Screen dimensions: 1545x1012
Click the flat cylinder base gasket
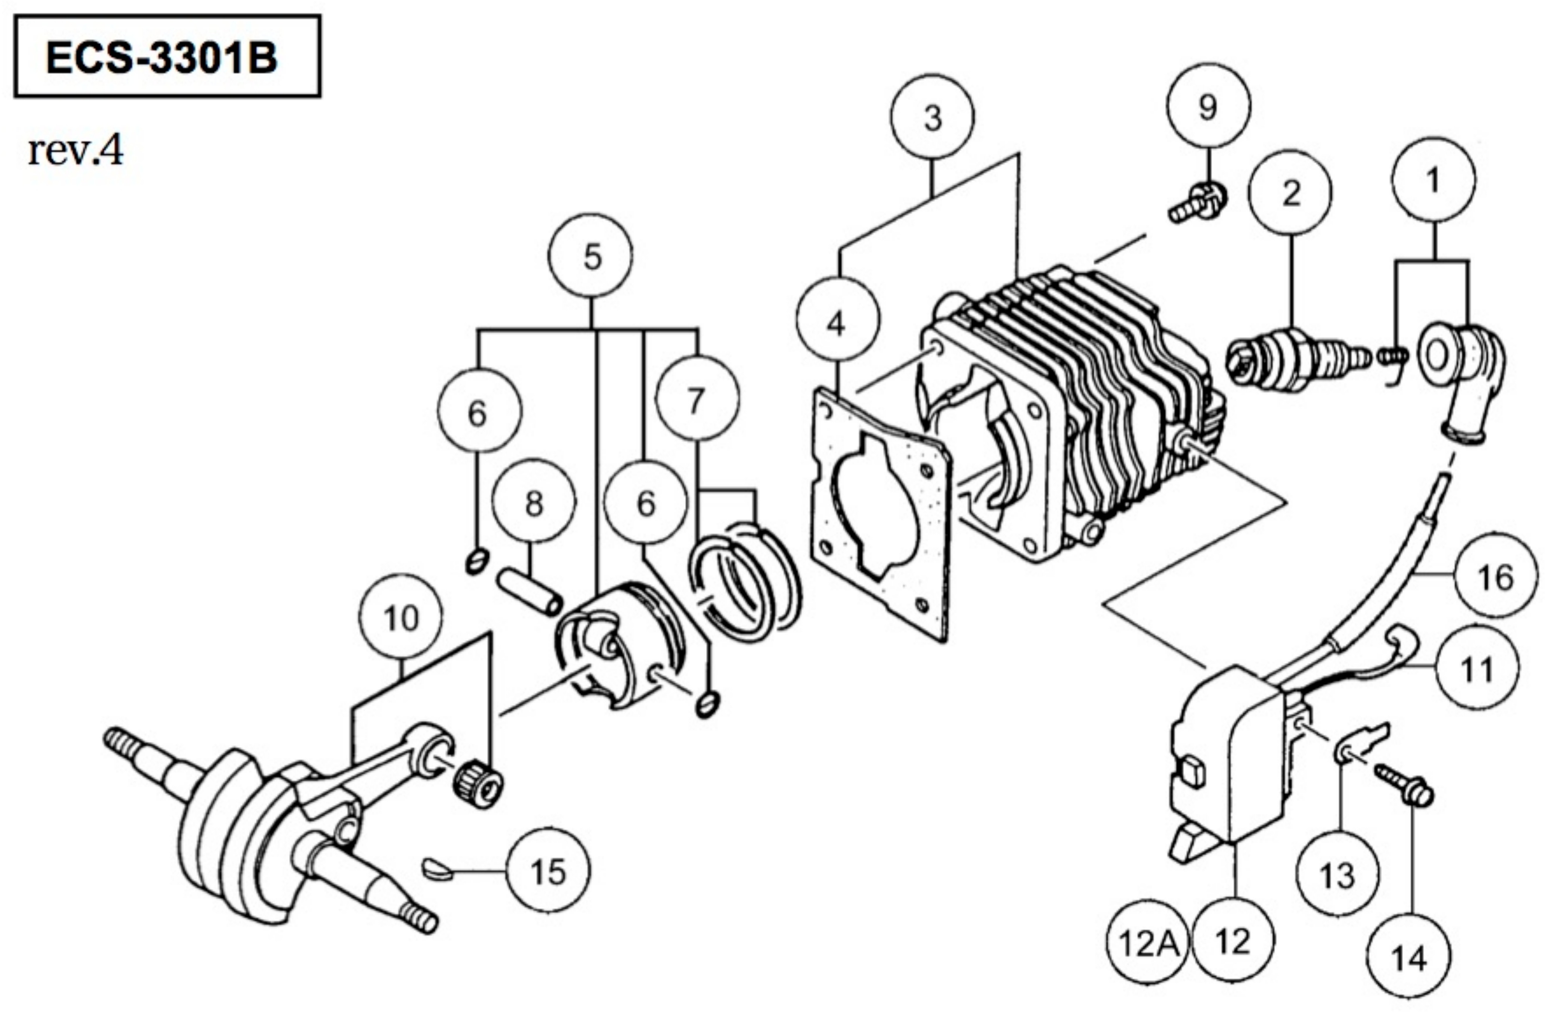pos(881,513)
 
